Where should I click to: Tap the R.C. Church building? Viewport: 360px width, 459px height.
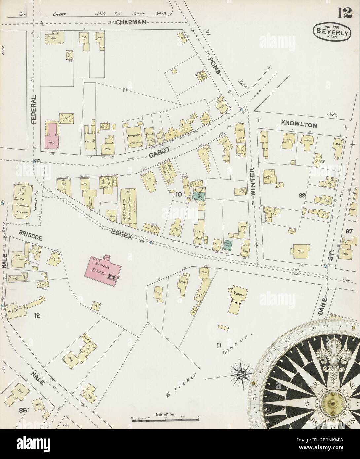point(128,205)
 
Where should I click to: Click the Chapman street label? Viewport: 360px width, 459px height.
point(131,22)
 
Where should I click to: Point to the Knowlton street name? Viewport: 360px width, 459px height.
point(299,125)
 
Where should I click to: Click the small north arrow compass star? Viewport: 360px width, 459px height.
point(241,374)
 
